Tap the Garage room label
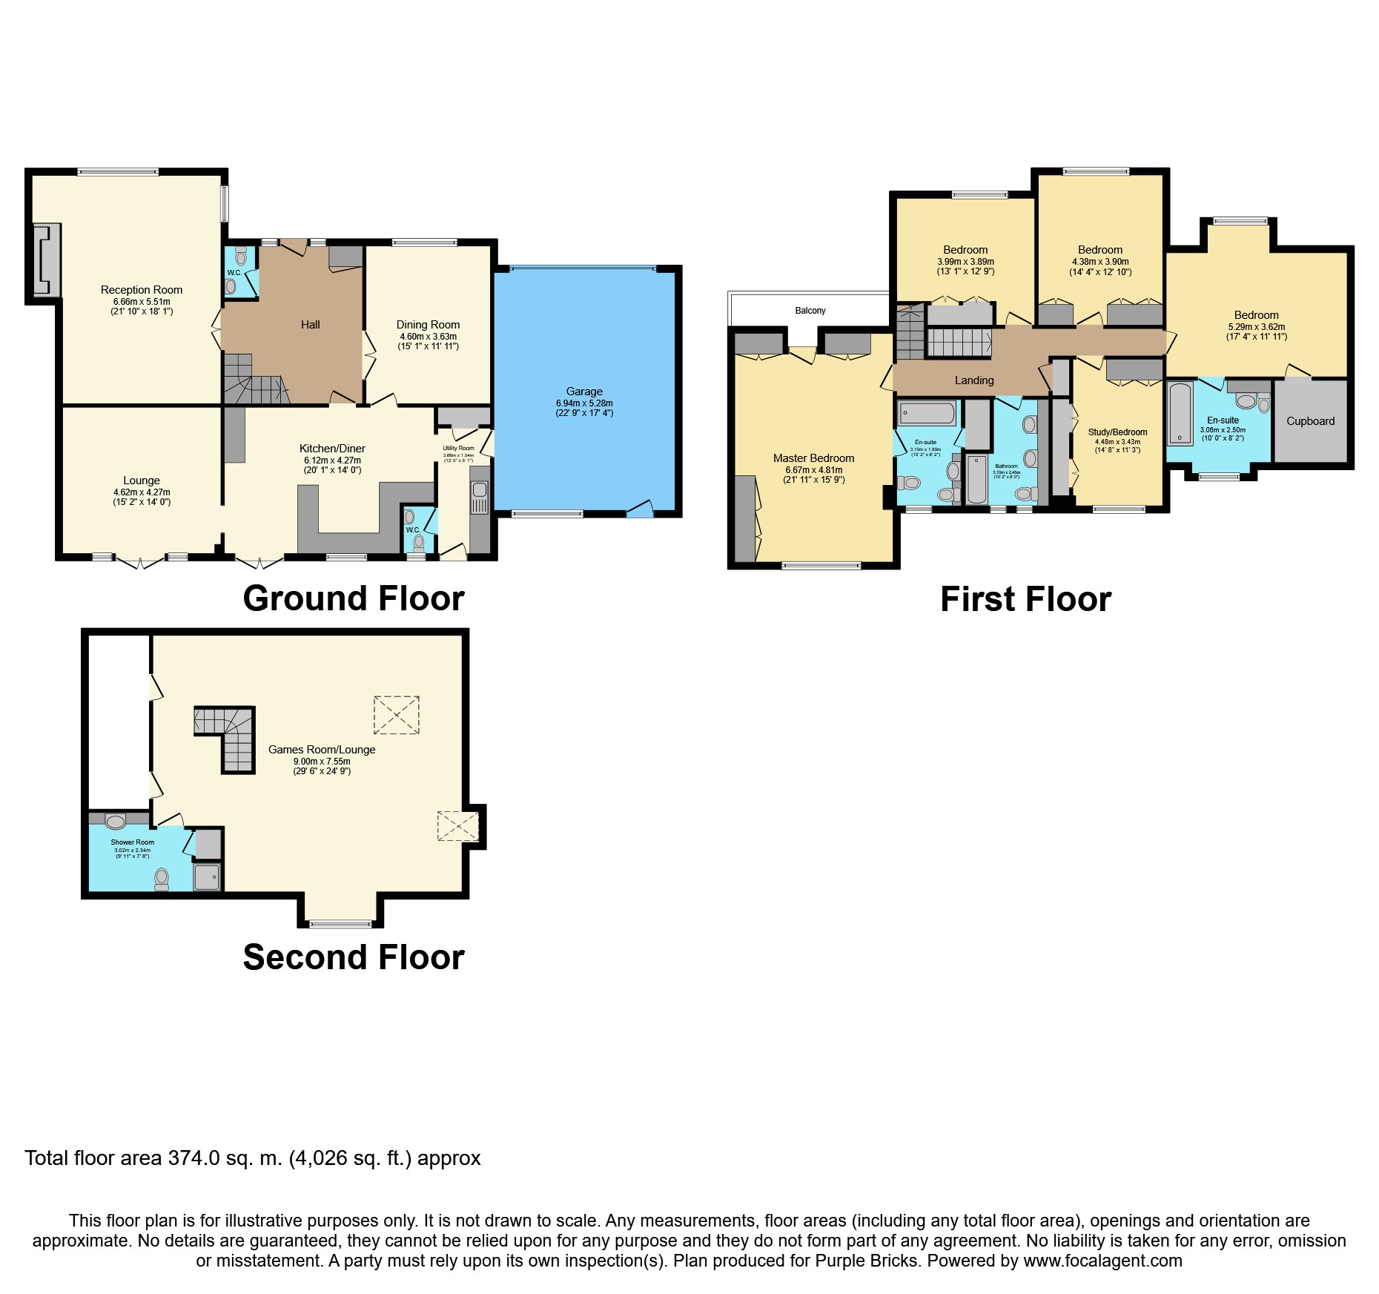pyautogui.click(x=584, y=392)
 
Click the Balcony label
pyautogui.click(x=810, y=311)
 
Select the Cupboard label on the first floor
pyautogui.click(x=1310, y=421)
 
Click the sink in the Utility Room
pyautogui.click(x=480, y=490)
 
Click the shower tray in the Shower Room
pyautogui.click(x=207, y=877)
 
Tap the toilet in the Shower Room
pyautogui.click(x=162, y=879)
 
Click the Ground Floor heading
pyautogui.click(x=354, y=598)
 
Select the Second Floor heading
pyautogui.click(x=354, y=957)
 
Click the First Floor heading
pyautogui.click(x=1025, y=599)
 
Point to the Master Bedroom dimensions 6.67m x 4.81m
pyautogui.click(x=813, y=470)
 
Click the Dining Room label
pyautogui.click(x=428, y=325)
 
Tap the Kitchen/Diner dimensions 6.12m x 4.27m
pyautogui.click(x=332, y=461)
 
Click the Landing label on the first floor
pyautogui.click(x=973, y=380)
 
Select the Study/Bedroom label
pyautogui.click(x=1117, y=432)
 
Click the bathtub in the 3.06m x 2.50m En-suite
pyautogui.click(x=1179, y=413)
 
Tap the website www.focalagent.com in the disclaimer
pyautogui.click(x=1102, y=1261)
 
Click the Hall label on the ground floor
pyautogui.click(x=310, y=325)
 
